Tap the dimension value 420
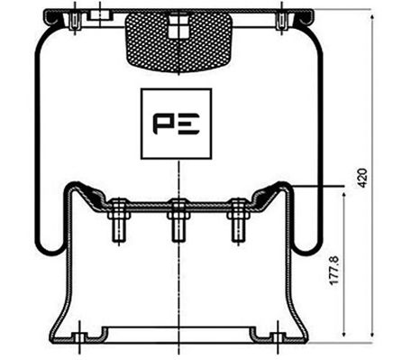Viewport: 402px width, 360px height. coord(363,177)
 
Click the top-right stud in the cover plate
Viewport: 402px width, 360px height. coord(283,18)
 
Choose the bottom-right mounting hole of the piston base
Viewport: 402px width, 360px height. coord(271,338)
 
